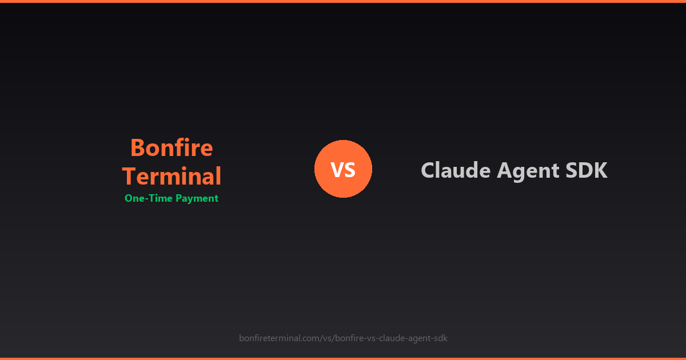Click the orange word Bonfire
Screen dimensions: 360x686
pyautogui.click(x=171, y=148)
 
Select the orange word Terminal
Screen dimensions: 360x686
pyautogui.click(x=171, y=176)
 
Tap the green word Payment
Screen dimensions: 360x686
pyautogui.click(x=197, y=199)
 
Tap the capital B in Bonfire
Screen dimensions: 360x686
pyautogui.click(x=138, y=148)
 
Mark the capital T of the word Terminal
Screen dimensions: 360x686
pyautogui.click(x=130, y=176)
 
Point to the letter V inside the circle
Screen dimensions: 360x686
pyautogui.click(x=337, y=170)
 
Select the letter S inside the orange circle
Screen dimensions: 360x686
pyautogui.click(x=350, y=170)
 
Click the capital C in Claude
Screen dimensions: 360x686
pyautogui.click(x=428, y=170)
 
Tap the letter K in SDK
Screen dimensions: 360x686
pyautogui.click(x=600, y=170)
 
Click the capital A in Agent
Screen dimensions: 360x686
pyautogui.click(x=505, y=170)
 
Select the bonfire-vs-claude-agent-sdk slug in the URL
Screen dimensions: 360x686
pyautogui.click(x=391, y=338)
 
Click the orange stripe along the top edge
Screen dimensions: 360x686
pyautogui.click(x=343, y=1)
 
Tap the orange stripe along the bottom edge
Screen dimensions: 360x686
pyautogui.click(x=343, y=358)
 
